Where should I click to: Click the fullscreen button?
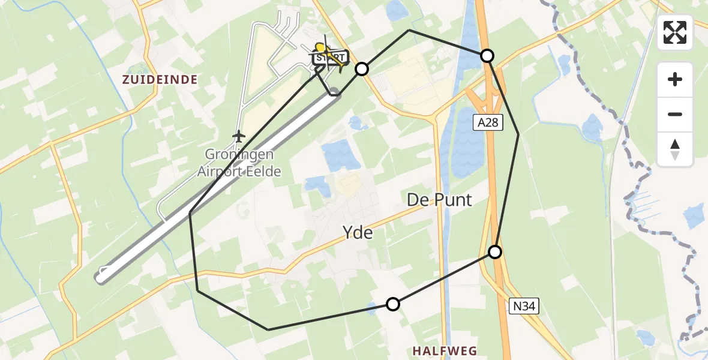tap(675, 32)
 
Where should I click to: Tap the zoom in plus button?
tap(675, 80)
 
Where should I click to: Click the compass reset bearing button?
tap(675, 149)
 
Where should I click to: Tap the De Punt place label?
tap(439, 200)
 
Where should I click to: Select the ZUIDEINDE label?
tap(160, 79)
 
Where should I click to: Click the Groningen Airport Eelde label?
tap(239, 163)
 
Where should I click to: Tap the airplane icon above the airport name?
tap(239, 136)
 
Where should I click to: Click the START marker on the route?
tap(329, 58)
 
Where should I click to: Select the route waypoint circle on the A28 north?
tap(487, 56)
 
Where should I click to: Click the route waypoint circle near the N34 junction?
tap(495, 252)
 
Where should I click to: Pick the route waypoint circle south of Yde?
tap(392, 304)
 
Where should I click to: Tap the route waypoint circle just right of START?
tap(361, 69)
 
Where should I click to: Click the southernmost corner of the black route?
tap(268, 329)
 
